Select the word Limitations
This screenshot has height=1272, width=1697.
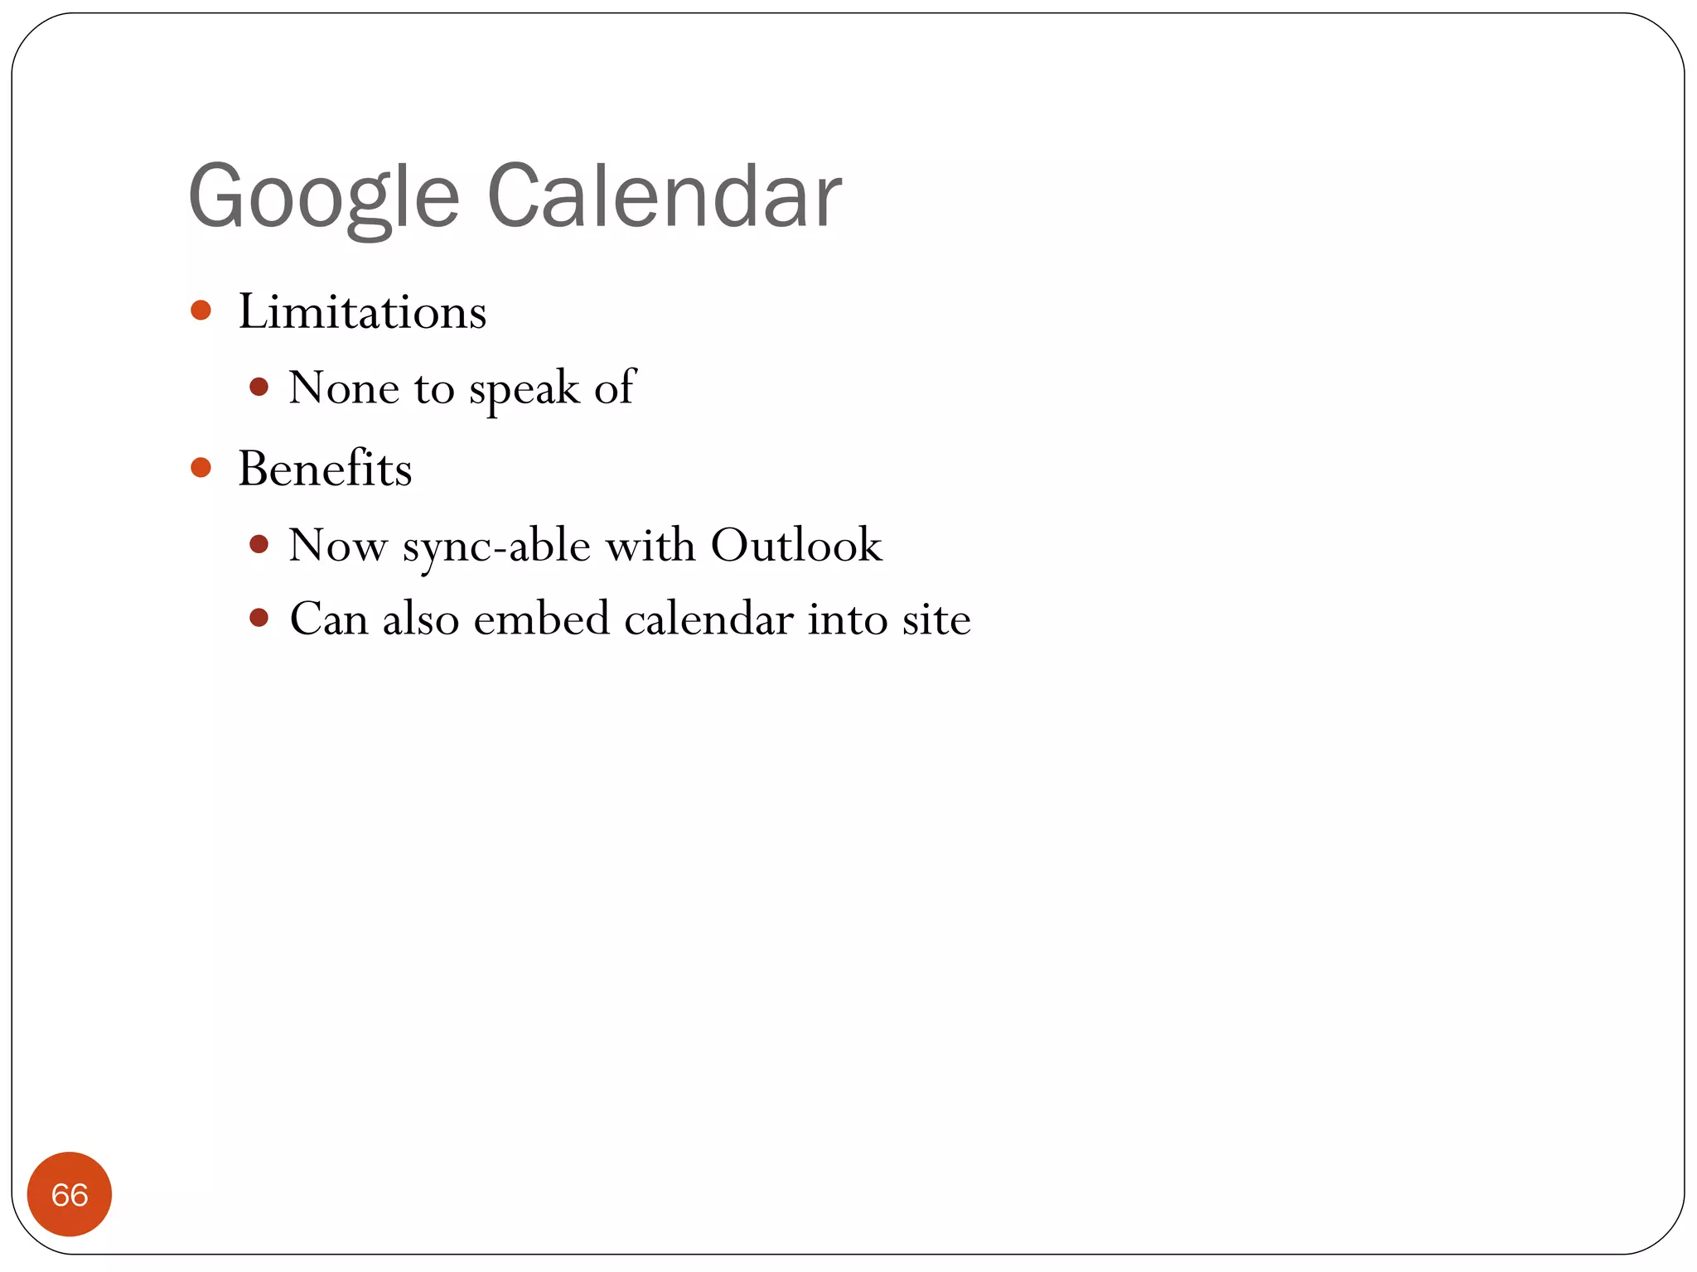click(x=362, y=312)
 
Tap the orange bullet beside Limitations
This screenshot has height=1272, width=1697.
click(x=201, y=311)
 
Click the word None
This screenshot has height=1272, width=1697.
click(x=344, y=388)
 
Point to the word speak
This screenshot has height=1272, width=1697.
click(x=524, y=389)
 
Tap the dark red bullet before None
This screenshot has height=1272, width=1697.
click(x=259, y=387)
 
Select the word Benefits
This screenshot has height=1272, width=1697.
click(x=325, y=469)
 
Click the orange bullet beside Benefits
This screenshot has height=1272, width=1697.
click(x=201, y=468)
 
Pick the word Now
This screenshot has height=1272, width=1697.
click(x=337, y=546)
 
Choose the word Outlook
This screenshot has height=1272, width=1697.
click(x=796, y=545)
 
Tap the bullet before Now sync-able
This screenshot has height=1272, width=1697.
click(x=259, y=544)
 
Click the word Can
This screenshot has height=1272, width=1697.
click(x=328, y=619)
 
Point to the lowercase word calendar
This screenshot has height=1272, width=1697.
click(x=708, y=619)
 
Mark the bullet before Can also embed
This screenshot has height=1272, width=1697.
click(x=259, y=618)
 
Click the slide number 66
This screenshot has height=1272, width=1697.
click(x=70, y=1194)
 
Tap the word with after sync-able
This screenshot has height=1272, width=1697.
click(x=650, y=545)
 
